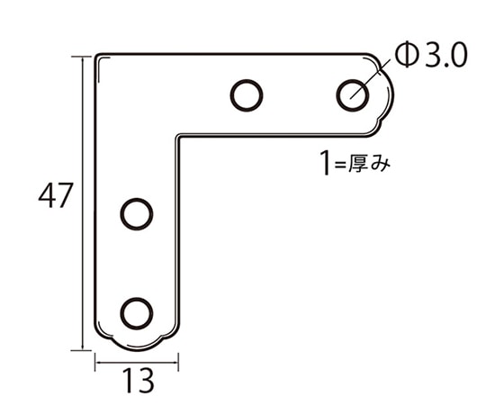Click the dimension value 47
[55, 196]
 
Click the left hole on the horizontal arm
[246, 94]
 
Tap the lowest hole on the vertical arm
[136, 312]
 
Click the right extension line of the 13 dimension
[178, 360]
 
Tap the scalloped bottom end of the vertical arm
[136, 343]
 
